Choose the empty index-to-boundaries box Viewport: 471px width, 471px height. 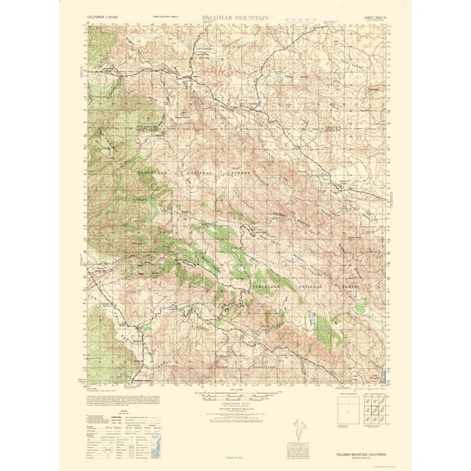[x=347, y=410]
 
